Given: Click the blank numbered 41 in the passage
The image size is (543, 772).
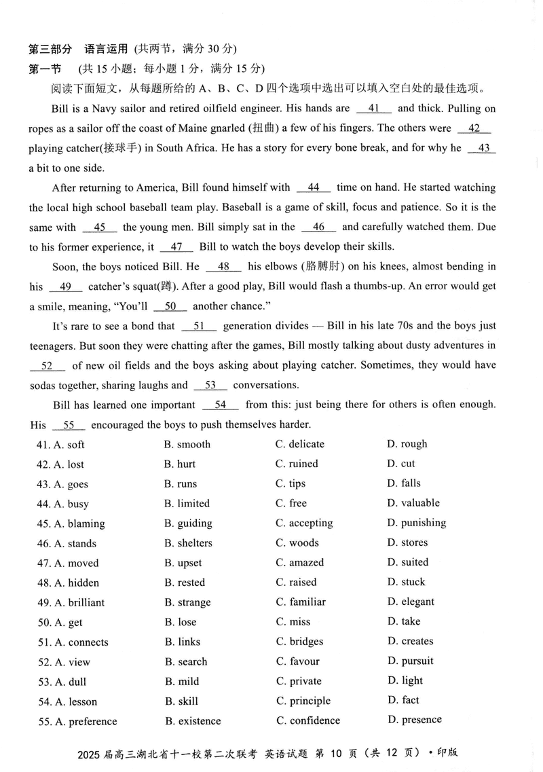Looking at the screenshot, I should [374, 108].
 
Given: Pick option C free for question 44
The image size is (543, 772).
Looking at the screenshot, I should [291, 503].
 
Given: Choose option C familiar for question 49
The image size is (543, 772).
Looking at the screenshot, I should [301, 602].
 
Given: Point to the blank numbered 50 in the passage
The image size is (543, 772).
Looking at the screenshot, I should [170, 306].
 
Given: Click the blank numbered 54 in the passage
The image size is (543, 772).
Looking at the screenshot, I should [221, 405].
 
